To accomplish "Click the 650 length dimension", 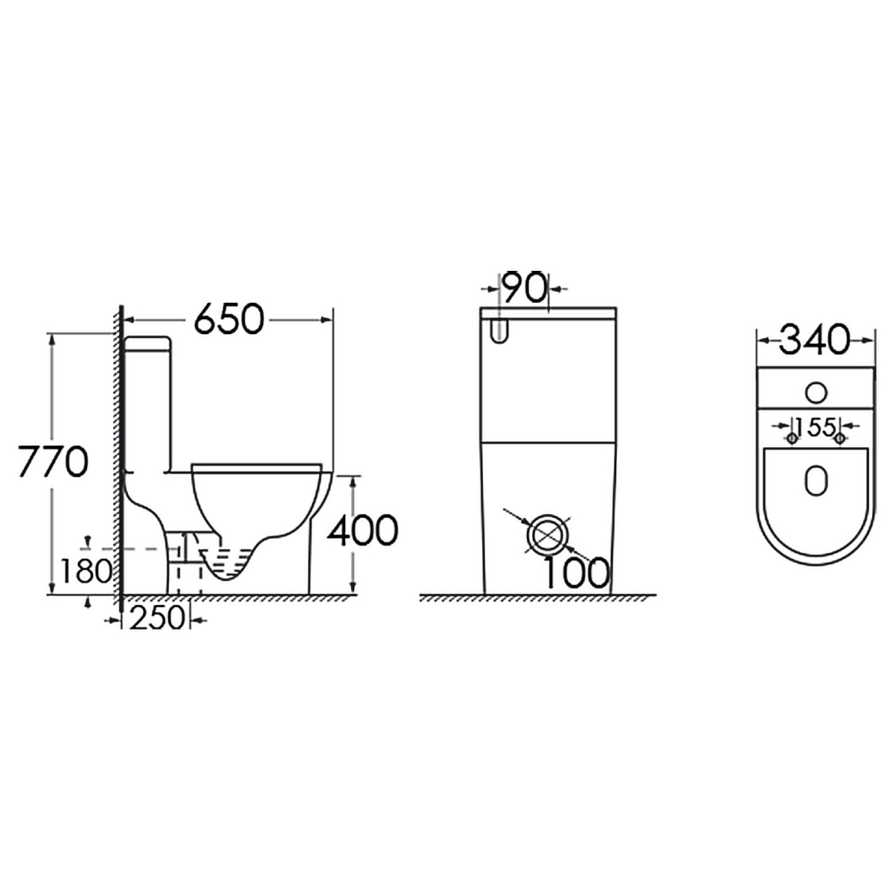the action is click(228, 319).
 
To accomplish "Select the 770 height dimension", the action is click(52, 461).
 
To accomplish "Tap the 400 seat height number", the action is click(362, 530).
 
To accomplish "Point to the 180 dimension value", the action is click(86, 571).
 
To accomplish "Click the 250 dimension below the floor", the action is click(156, 618).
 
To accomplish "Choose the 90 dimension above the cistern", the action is click(524, 287).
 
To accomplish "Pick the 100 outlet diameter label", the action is click(576, 573).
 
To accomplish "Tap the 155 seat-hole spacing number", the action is click(816, 426).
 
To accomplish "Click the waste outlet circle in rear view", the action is click(548, 534).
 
